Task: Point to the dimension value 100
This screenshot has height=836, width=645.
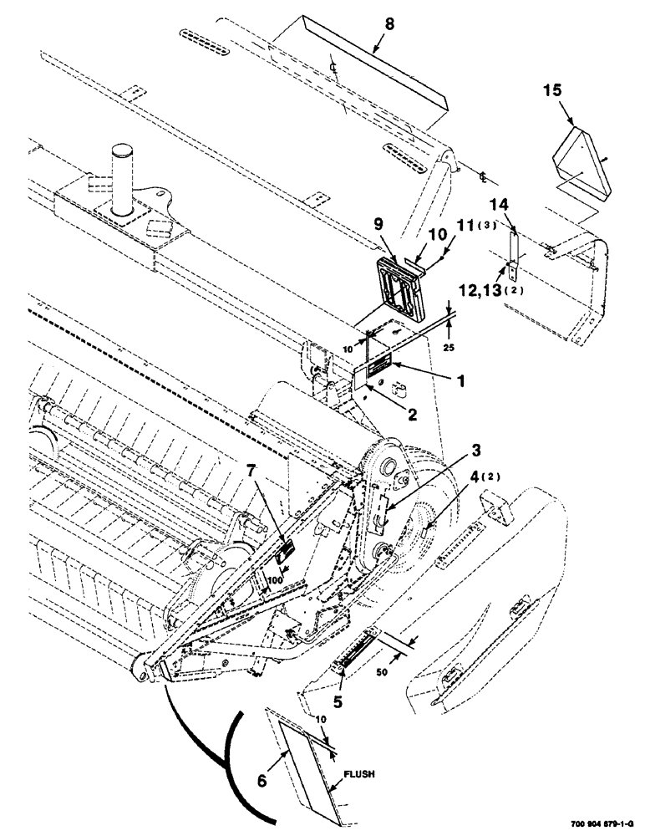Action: (x=277, y=578)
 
